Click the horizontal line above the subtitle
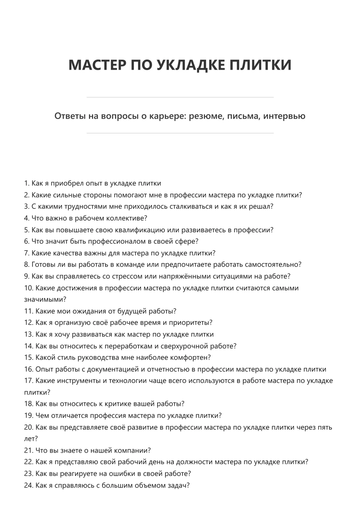coord(180,97)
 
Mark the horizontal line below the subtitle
coord(180,133)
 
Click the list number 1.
coord(27,184)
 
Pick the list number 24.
coord(28,485)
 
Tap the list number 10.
coord(28,288)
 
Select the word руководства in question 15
coord(101,358)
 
